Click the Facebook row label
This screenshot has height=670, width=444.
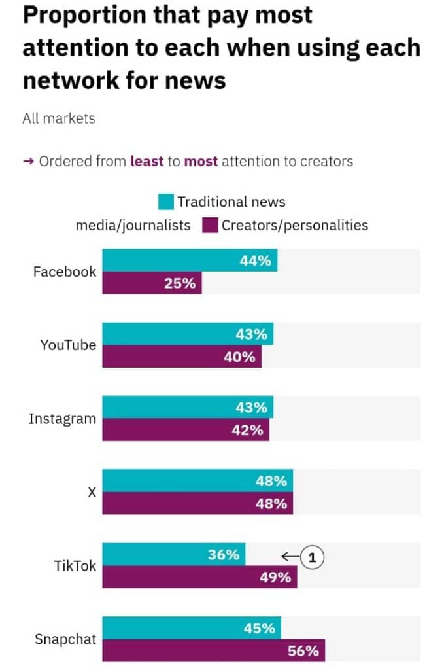pyautogui.click(x=64, y=272)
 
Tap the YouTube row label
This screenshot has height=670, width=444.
pyautogui.click(x=68, y=345)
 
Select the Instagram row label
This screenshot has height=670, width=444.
pyautogui.click(x=62, y=419)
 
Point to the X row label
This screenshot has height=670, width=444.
pyautogui.click(x=92, y=492)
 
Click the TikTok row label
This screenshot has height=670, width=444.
pyautogui.click(x=75, y=565)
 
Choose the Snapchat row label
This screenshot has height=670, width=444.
pyautogui.click(x=65, y=639)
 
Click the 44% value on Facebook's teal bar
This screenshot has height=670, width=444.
pyautogui.click(x=255, y=260)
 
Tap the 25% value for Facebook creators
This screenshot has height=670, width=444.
pyautogui.click(x=180, y=283)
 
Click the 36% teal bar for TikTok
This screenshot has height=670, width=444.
pyautogui.click(x=173, y=555)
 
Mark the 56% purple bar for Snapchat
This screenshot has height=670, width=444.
pyautogui.click(x=213, y=651)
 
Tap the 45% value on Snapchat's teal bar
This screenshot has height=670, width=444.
pyautogui.click(x=259, y=628)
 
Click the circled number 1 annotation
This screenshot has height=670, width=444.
pyautogui.click(x=313, y=557)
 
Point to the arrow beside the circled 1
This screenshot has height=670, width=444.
pyautogui.click(x=290, y=557)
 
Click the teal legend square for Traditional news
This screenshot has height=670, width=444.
pyautogui.click(x=166, y=202)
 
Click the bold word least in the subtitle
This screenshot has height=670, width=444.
pyautogui.click(x=147, y=161)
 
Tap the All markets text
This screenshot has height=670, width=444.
pyautogui.click(x=58, y=118)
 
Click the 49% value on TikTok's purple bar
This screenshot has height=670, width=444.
pyautogui.click(x=275, y=578)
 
